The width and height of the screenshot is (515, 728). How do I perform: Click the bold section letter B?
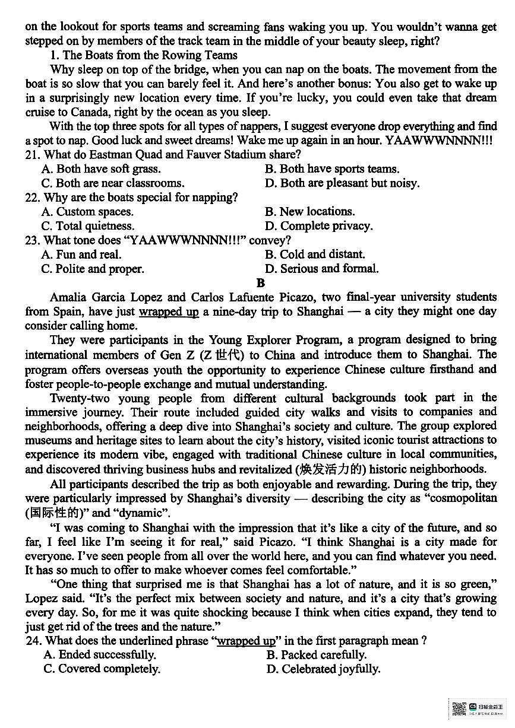click(x=260, y=283)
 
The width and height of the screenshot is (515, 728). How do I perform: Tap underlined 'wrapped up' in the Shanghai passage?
click(x=169, y=311)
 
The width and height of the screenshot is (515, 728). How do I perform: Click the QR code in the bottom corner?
click(x=459, y=708)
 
